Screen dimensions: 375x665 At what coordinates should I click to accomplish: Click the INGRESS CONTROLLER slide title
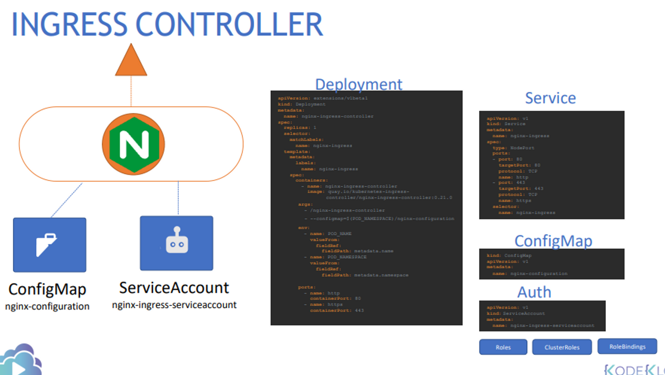coord(167,25)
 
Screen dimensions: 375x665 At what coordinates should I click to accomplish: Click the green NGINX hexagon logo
coord(133,144)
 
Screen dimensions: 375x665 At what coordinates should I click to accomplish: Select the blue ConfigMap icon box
coord(49,245)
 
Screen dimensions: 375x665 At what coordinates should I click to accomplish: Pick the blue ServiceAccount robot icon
coord(177,243)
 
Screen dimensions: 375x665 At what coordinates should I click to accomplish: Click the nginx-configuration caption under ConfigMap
coord(47,306)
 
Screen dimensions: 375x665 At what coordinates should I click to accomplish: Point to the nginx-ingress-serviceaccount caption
coord(174,305)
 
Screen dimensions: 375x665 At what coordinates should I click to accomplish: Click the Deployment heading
coord(358,84)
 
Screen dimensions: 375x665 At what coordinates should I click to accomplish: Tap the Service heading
coord(550,98)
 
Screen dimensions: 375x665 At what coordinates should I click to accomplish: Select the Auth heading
coord(534,292)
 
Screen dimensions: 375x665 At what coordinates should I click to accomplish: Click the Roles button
coord(503,347)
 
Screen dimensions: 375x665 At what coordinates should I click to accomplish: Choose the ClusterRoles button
coord(562,347)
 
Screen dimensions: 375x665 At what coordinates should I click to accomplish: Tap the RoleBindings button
coord(627,346)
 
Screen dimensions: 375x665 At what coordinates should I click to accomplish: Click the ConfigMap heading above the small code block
coord(553,241)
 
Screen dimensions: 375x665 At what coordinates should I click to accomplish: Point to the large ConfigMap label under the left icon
coord(47,289)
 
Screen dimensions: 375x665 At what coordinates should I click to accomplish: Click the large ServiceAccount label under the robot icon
coord(174,288)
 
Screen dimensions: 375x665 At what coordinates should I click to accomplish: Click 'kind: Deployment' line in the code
coord(302,104)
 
